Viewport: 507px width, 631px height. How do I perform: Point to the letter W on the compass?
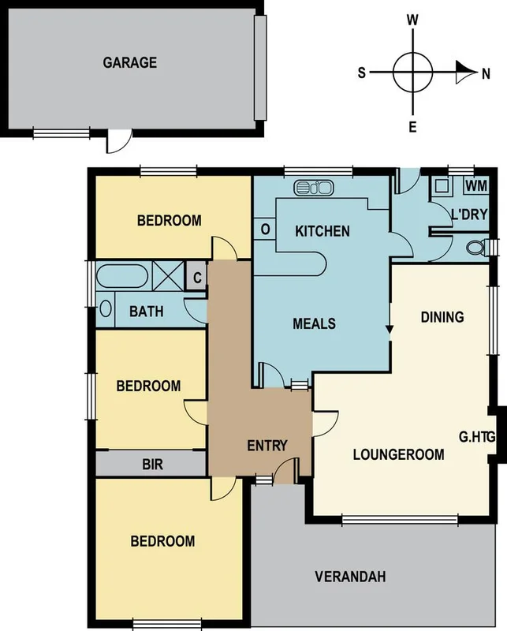pyautogui.click(x=412, y=20)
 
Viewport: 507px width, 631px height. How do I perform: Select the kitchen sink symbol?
pyautogui.click(x=314, y=188)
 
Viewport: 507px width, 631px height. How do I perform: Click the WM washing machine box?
pyautogui.click(x=475, y=185)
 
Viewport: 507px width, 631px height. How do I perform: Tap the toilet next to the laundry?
pyautogui.click(x=477, y=249)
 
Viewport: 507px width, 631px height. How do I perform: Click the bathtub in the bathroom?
pyautogui.click(x=121, y=278)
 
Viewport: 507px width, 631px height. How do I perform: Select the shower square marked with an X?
pyautogui.click(x=167, y=278)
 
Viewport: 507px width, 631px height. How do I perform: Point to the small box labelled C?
pyautogui.click(x=197, y=278)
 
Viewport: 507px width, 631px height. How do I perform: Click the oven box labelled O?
pyautogui.click(x=266, y=230)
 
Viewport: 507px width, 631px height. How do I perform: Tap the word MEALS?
pyautogui.click(x=315, y=323)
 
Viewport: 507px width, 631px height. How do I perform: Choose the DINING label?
pyautogui.click(x=442, y=317)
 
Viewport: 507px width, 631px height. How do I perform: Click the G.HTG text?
pyautogui.click(x=476, y=435)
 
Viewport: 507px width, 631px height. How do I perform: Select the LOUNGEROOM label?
pyautogui.click(x=398, y=454)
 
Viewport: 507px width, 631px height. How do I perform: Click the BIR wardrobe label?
pyautogui.click(x=152, y=465)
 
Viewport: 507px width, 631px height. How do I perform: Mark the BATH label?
pyautogui.click(x=147, y=312)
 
